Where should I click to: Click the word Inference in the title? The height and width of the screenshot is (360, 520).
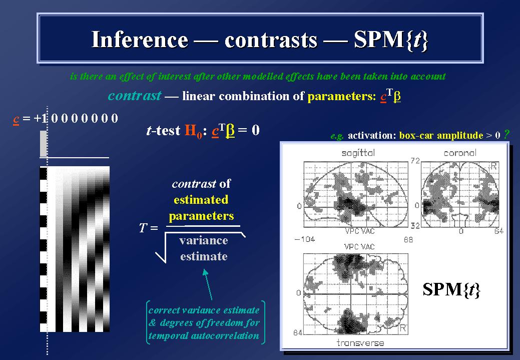[x=140, y=40]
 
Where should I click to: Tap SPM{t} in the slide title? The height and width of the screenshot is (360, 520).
[x=391, y=41]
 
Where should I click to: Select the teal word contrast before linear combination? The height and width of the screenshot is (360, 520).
[x=135, y=96]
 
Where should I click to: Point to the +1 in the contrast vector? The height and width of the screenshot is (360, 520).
[x=41, y=118]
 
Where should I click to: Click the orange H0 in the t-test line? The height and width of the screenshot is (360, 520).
[x=193, y=131]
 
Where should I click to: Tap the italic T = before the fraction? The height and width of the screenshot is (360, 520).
[x=148, y=228]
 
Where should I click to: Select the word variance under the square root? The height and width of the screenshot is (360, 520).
[x=204, y=240]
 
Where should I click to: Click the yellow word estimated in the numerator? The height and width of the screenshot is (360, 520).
[x=201, y=200]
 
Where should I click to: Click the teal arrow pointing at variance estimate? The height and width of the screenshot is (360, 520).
[x=208, y=284]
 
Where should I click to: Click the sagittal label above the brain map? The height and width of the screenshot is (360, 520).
[x=358, y=153]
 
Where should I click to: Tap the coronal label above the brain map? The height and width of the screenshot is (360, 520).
[x=460, y=153]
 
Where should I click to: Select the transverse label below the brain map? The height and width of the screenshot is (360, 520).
[x=360, y=343]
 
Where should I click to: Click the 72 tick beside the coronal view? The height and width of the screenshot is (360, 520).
[x=415, y=161]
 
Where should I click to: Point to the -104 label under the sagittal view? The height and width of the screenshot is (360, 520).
[x=305, y=239]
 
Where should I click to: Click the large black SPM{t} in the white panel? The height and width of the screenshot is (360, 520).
[x=451, y=290]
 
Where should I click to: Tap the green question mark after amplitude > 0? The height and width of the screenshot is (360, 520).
[x=506, y=134]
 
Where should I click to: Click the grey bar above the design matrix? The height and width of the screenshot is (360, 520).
[x=43, y=143]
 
